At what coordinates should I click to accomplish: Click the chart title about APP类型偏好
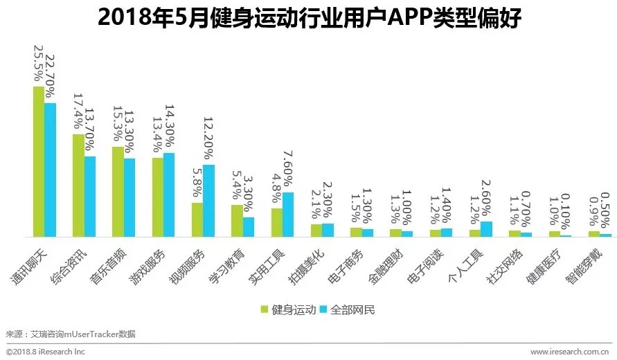tap(309, 19)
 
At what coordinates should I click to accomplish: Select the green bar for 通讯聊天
tap(39, 162)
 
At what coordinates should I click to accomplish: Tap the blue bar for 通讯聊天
tap(51, 170)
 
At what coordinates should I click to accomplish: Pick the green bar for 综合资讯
tap(79, 186)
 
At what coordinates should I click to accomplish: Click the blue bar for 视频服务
tap(208, 201)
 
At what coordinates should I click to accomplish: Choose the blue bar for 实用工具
tap(288, 215)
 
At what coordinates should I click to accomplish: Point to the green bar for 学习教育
tap(237, 221)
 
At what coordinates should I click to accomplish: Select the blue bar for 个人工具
tap(486, 229)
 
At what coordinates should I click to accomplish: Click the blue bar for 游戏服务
tap(169, 195)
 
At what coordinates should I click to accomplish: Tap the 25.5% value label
tap(37, 64)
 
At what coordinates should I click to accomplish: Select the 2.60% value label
tap(486, 201)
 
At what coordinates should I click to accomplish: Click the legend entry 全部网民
tap(347, 309)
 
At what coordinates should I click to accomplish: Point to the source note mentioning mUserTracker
tap(71, 334)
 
